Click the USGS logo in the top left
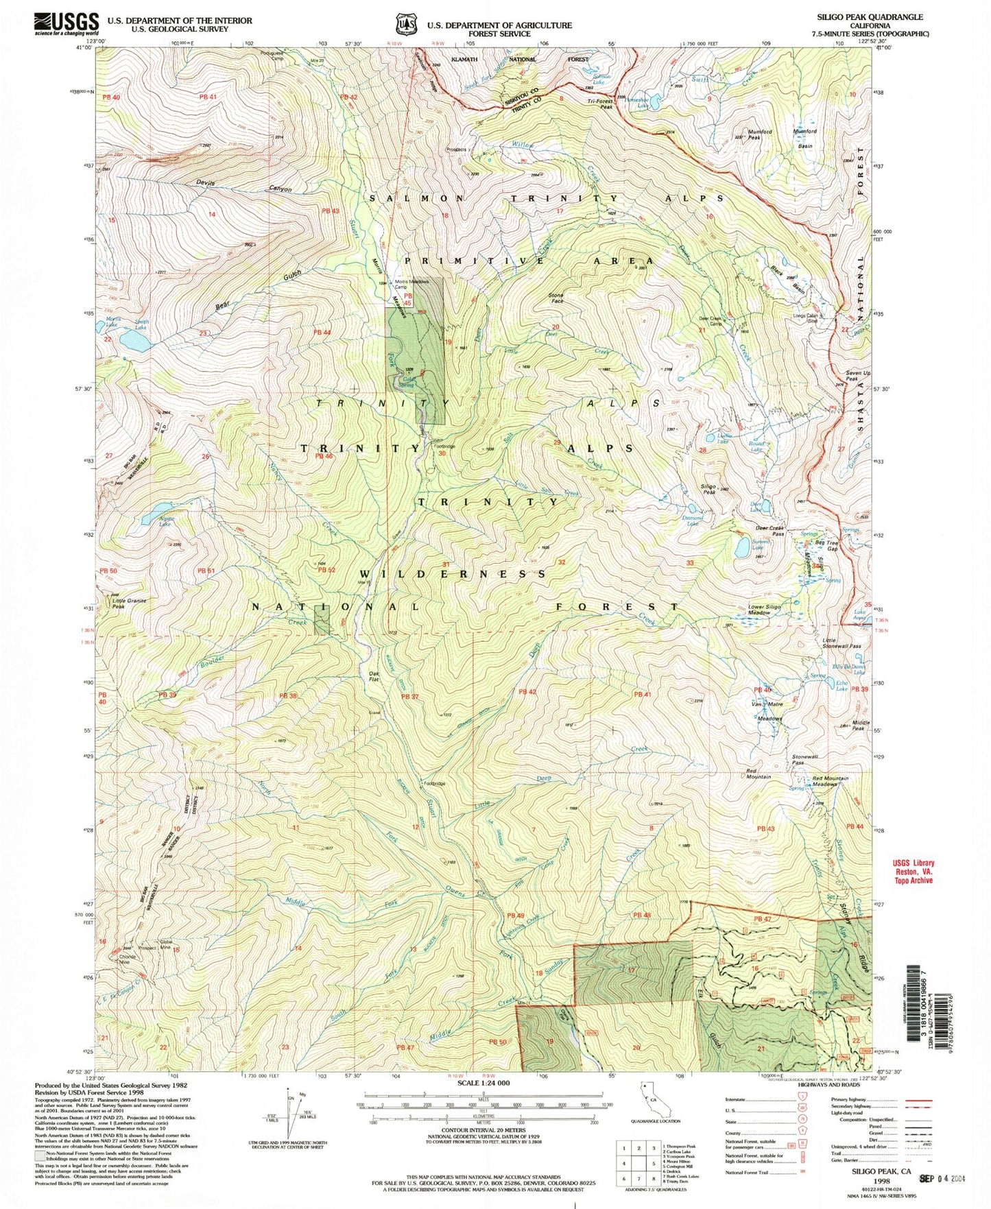pos(66,24)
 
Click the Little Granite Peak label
pos(129,603)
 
